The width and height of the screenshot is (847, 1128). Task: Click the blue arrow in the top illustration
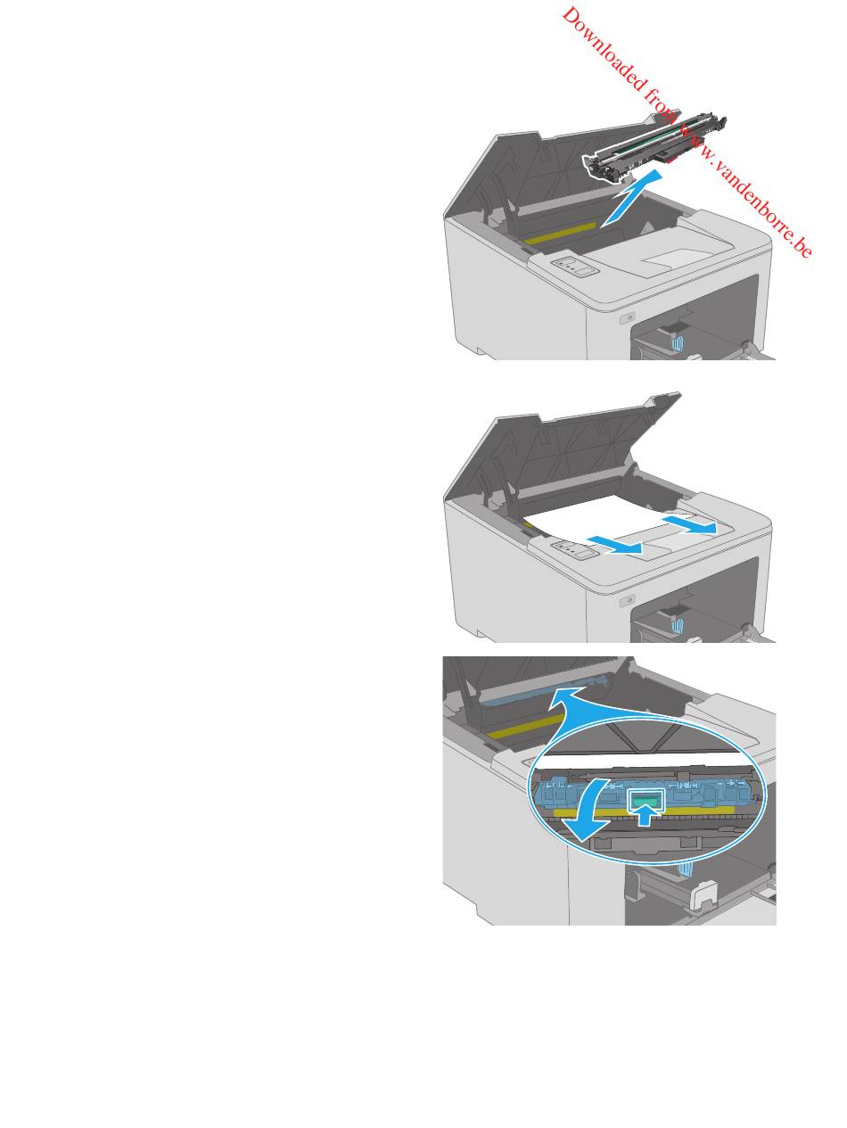pyautogui.click(x=630, y=198)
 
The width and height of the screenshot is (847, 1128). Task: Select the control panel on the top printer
pyautogui.click(x=575, y=267)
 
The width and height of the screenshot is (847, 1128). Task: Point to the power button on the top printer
pyautogui.click(x=628, y=318)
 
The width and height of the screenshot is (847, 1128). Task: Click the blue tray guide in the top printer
pyautogui.click(x=677, y=343)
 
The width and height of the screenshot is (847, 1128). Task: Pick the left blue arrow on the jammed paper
pyautogui.click(x=614, y=545)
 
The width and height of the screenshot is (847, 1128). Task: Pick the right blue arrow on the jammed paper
pyautogui.click(x=689, y=525)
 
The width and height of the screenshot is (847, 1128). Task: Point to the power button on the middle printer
pyautogui.click(x=628, y=600)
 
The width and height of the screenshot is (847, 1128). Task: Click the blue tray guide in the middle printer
pyautogui.click(x=677, y=625)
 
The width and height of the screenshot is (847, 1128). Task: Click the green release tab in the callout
pyautogui.click(x=646, y=799)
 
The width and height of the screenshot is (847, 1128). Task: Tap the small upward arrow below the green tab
pyautogui.click(x=646, y=815)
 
